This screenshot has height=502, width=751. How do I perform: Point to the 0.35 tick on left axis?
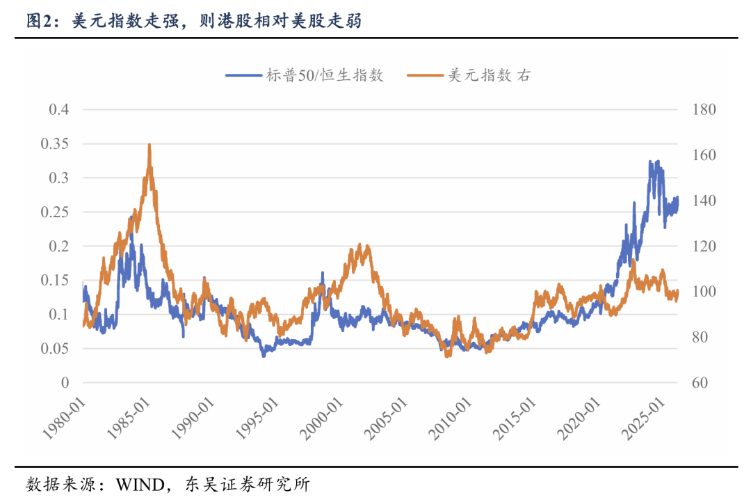coord(56,144)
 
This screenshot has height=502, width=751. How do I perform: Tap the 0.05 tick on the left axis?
coord(56,349)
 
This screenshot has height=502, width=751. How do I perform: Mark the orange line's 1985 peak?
coord(150,145)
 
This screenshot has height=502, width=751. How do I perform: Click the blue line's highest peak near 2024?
coord(650,162)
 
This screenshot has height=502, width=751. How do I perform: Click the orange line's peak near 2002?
coord(360,244)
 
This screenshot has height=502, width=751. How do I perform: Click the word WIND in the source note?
coord(140,484)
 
